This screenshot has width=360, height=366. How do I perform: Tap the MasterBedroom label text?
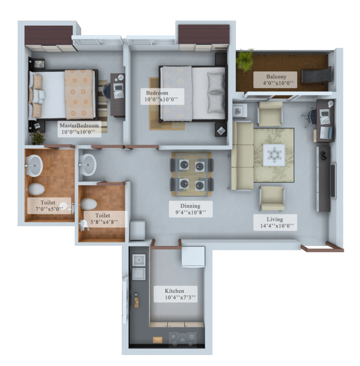[79, 125]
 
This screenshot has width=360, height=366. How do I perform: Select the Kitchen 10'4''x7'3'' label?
[175, 294]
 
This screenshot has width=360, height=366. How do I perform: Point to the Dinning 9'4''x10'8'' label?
[191, 209]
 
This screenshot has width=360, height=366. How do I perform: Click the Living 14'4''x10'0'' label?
[275, 222]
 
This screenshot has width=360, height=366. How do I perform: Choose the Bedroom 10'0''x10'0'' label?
[162, 96]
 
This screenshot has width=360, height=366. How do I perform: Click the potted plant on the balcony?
[245, 60]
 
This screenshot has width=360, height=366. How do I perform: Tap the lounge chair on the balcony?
[316, 76]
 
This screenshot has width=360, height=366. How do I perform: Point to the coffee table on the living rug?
[274, 155]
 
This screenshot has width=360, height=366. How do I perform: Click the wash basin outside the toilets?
[88, 165]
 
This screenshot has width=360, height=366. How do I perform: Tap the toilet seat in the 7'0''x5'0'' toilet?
[37, 189]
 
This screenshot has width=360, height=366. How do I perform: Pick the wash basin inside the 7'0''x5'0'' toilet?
[34, 166]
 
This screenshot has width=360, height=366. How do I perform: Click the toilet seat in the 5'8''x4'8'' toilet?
[89, 204]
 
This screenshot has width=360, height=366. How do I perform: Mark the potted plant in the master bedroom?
[37, 137]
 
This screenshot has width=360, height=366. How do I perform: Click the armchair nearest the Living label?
[272, 198]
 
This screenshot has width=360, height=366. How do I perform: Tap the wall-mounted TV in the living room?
[333, 181]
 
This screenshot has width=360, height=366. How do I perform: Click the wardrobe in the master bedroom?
[49, 38]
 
